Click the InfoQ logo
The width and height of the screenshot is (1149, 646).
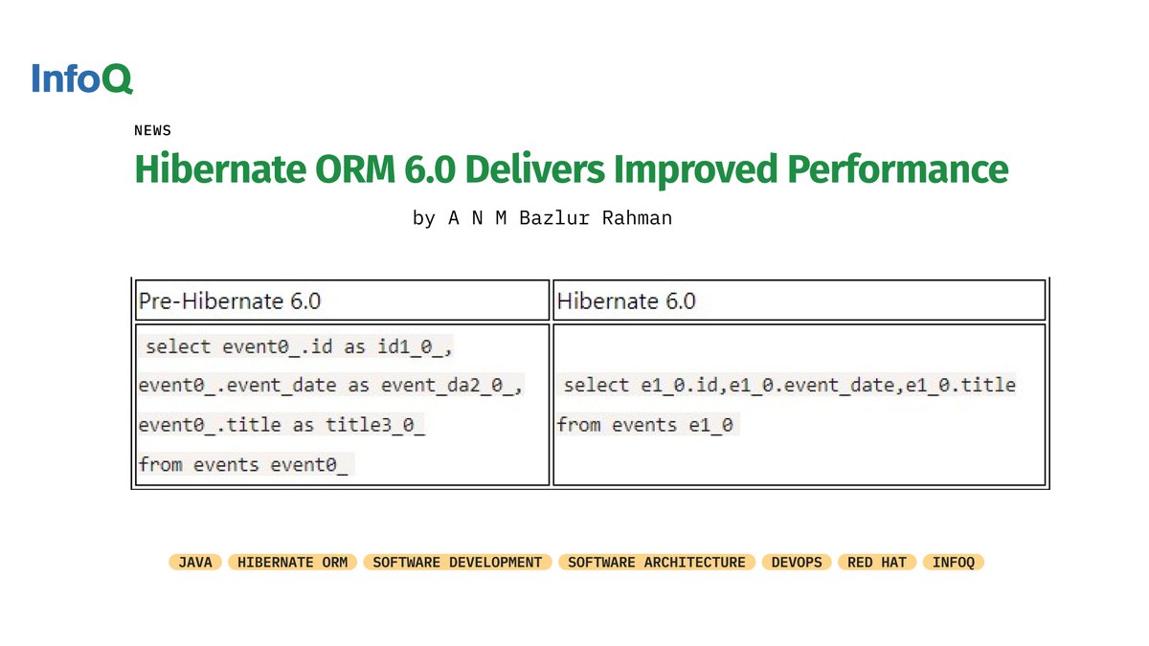[x=81, y=78]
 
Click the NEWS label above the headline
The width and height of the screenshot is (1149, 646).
[x=152, y=130]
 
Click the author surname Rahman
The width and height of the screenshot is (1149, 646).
[x=635, y=218]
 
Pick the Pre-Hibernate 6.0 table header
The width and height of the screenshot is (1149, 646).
[x=230, y=301]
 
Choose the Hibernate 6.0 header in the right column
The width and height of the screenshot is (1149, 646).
[x=626, y=301]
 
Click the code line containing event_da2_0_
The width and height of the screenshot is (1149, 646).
[x=330, y=385]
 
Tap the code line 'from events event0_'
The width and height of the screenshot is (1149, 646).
[x=246, y=464]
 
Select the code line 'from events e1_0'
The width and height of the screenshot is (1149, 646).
[x=647, y=424]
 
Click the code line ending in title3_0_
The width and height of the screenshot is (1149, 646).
[x=282, y=424]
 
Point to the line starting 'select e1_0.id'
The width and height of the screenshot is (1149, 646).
[x=789, y=385]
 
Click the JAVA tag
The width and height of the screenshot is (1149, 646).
[x=195, y=563]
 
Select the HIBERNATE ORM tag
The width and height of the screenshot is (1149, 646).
[x=293, y=563]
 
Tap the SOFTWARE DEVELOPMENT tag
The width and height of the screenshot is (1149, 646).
[x=458, y=563]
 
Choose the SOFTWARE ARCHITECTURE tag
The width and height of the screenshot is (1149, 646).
[x=657, y=563]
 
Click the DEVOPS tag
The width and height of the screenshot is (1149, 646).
[x=797, y=563]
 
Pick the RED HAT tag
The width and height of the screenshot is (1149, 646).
[x=876, y=563]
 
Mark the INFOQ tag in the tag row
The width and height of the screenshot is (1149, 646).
[x=954, y=563]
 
